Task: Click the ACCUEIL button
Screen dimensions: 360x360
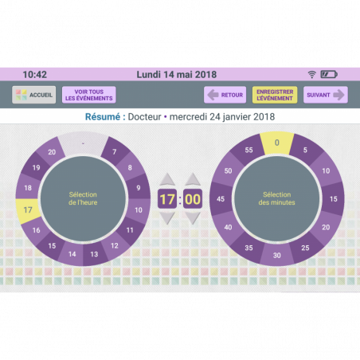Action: tap(34, 95)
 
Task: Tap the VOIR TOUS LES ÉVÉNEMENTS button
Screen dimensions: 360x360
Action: tap(89, 95)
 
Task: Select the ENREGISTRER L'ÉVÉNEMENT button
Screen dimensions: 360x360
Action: tap(275, 95)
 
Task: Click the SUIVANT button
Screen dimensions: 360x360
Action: tap(326, 95)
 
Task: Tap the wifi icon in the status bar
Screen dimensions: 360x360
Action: tap(312, 74)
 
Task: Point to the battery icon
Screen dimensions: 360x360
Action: tap(329, 74)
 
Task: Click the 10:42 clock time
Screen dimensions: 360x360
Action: tap(35, 75)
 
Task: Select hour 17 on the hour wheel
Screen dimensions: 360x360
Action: tap(28, 210)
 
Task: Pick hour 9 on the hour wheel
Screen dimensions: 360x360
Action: tap(139, 188)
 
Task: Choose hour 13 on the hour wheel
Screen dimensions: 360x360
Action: tap(94, 254)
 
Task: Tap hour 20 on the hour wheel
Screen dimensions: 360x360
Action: tap(52, 152)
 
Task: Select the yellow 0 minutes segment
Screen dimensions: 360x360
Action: tap(277, 143)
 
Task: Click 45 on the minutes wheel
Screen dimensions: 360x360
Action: tap(221, 199)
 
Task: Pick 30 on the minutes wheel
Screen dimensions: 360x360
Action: tap(277, 255)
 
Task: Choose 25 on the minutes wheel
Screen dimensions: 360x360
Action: tap(305, 248)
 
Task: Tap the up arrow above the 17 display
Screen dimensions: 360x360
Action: tap(167, 179)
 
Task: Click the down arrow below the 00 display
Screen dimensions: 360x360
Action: tap(193, 218)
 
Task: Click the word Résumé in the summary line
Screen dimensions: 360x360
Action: tap(103, 116)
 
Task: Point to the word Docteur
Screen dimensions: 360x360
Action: tap(144, 116)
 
